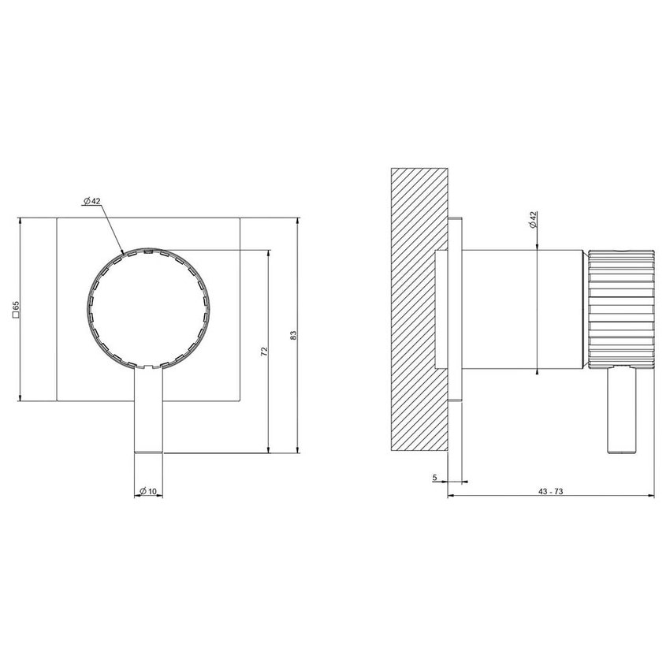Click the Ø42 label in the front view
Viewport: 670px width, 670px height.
coord(92,202)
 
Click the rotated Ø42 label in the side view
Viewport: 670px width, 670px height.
coord(534,220)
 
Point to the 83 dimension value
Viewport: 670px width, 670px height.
coord(293,335)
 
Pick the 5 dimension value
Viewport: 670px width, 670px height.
coord(434,477)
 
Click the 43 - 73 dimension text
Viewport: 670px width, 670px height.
coord(551,491)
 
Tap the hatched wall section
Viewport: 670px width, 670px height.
coord(419,307)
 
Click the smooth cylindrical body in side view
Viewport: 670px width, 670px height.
coord(520,307)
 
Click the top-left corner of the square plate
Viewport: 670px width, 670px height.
coord(58,217)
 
